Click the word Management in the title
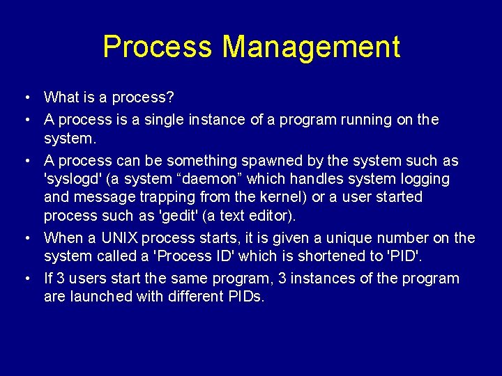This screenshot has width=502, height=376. pos(311,47)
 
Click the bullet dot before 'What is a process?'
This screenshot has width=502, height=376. pos(25,98)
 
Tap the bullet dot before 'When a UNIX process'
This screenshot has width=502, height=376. pos(25,239)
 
